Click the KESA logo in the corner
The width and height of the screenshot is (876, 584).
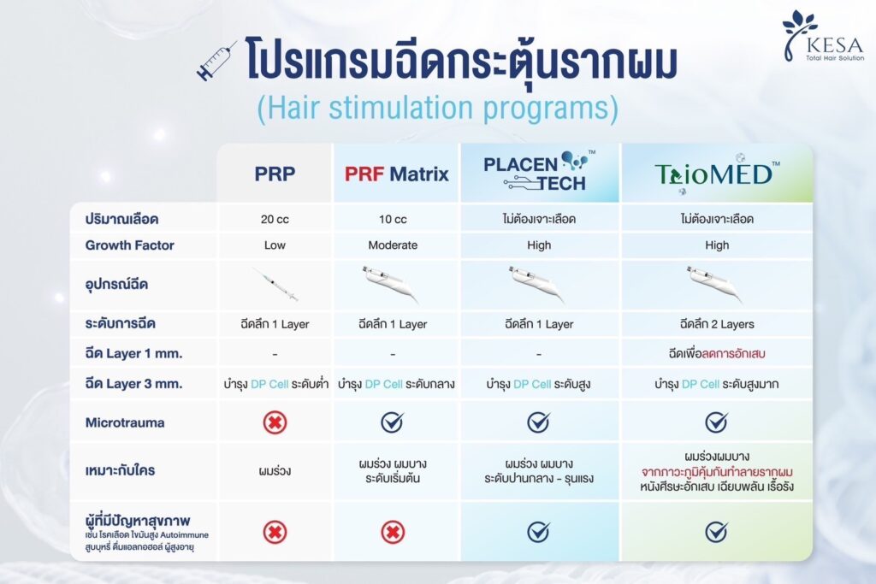823,36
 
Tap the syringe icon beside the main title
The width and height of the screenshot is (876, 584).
216,62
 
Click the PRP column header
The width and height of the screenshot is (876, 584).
275,174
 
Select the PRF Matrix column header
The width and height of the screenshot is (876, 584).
396,174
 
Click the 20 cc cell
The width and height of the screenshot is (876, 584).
275,220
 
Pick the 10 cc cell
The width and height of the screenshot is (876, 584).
393,220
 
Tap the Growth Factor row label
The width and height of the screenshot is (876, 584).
130,245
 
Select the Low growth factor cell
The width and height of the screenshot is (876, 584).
275,245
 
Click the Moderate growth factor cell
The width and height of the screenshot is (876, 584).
393,245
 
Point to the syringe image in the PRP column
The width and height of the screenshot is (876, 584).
275,285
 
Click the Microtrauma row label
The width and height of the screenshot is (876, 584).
125,422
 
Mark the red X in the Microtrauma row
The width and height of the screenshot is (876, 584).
275,422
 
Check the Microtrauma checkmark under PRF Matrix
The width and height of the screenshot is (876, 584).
392,422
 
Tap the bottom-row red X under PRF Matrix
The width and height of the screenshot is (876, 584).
393,532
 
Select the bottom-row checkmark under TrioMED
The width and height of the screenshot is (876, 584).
716,532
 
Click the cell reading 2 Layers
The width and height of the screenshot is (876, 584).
717,324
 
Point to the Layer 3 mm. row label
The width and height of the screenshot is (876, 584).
133,384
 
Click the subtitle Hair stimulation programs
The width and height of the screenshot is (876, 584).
437,107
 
